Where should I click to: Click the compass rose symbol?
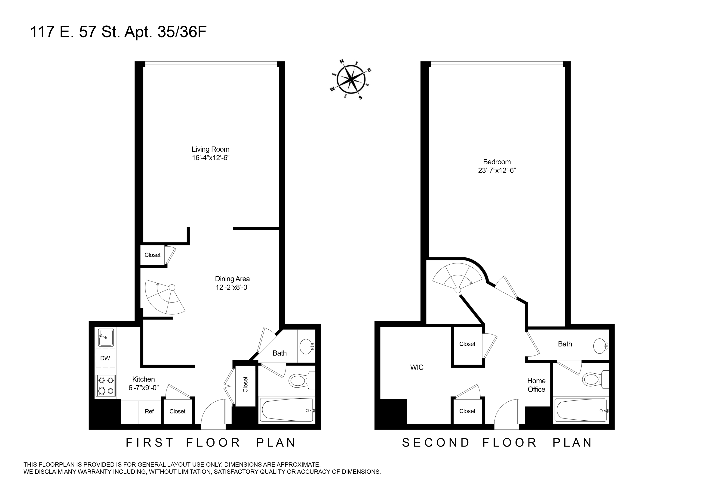tap(351, 80)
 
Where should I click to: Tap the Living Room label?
tap(210, 149)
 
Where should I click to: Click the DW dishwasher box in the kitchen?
tap(105, 358)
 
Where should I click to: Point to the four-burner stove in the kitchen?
tap(105, 385)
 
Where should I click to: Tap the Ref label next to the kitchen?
tap(149, 411)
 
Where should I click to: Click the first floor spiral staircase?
tap(165, 297)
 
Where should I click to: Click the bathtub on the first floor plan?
tap(287, 410)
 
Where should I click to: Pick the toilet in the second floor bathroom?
tap(593, 379)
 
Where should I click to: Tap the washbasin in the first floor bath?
tap(306, 346)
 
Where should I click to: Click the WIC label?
tap(417, 367)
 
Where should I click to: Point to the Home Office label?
tap(536, 385)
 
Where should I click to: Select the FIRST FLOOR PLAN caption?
tap(211, 443)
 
